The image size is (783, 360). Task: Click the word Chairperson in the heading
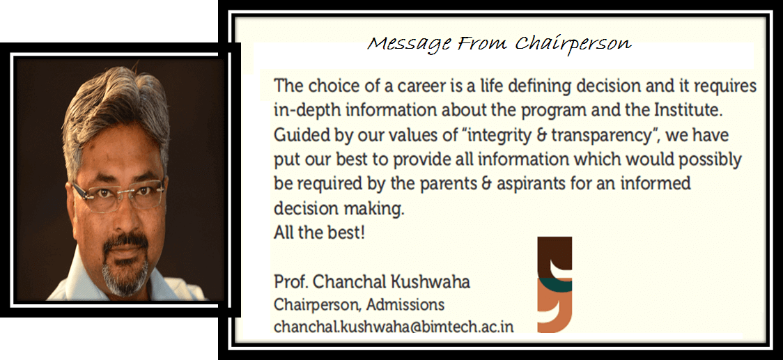point(573,45)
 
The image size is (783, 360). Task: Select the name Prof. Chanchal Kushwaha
point(372,282)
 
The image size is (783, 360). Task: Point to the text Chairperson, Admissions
point(359,304)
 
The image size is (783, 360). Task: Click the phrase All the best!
point(319,233)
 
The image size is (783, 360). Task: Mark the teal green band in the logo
point(555,284)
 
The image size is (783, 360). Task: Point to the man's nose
point(122,210)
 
